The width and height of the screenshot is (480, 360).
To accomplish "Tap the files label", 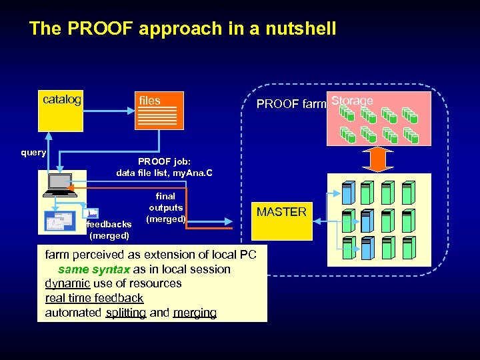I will (150, 101).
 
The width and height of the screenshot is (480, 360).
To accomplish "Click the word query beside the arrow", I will (33, 153).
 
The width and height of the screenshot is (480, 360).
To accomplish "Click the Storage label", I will (352, 101).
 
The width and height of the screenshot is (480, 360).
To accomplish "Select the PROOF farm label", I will (291, 104).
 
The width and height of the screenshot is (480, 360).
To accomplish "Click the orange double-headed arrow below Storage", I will (378, 159).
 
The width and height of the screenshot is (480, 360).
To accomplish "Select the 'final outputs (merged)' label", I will (165, 207).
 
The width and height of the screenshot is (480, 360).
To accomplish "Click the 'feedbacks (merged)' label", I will (109, 230).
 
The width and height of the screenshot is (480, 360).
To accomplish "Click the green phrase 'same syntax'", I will (87, 269).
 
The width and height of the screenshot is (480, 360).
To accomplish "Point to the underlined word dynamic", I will (67, 283).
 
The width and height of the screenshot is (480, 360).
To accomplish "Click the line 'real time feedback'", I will (94, 298).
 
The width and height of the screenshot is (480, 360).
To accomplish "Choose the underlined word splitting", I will (125, 313).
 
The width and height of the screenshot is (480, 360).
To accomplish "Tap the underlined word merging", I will (195, 313).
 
